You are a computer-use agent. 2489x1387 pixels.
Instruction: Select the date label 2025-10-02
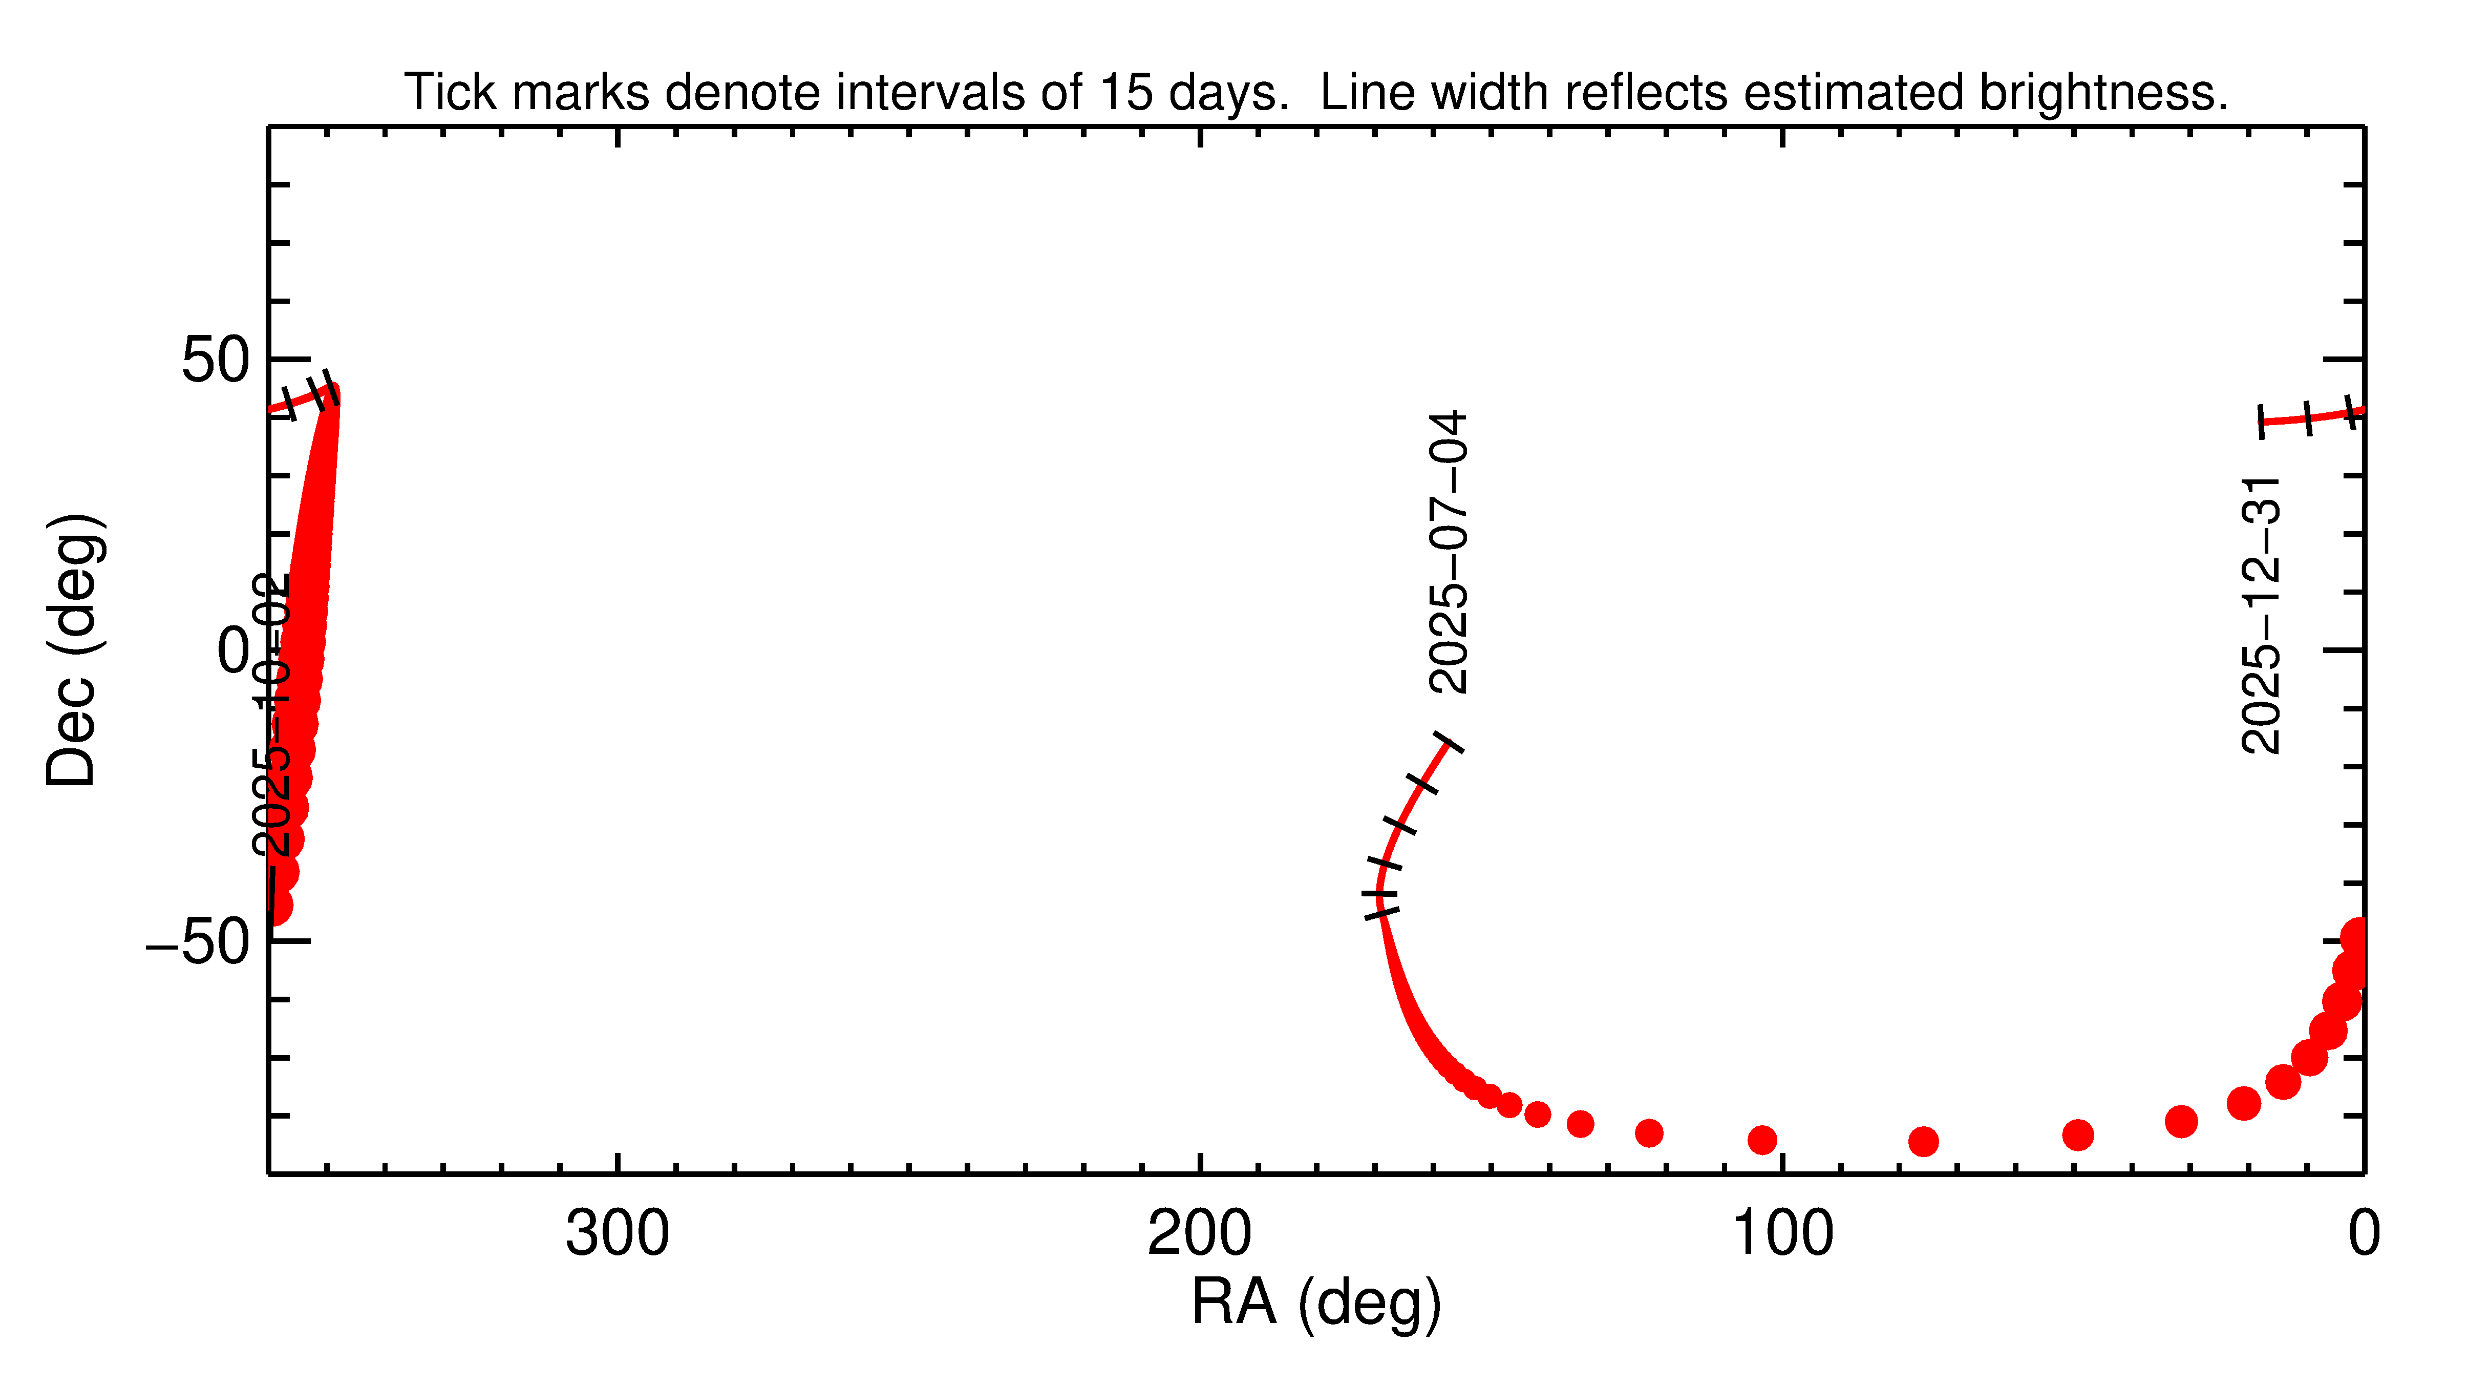270,715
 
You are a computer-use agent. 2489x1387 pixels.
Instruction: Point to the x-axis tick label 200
1199,1234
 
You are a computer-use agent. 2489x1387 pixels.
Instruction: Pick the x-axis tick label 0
2364,1234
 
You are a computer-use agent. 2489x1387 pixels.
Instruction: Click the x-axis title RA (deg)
1316,1303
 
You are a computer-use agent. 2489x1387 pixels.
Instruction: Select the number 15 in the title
1125,93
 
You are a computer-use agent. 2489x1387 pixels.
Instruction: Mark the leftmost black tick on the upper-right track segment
2262,422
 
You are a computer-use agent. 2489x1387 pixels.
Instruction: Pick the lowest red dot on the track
1924,1142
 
